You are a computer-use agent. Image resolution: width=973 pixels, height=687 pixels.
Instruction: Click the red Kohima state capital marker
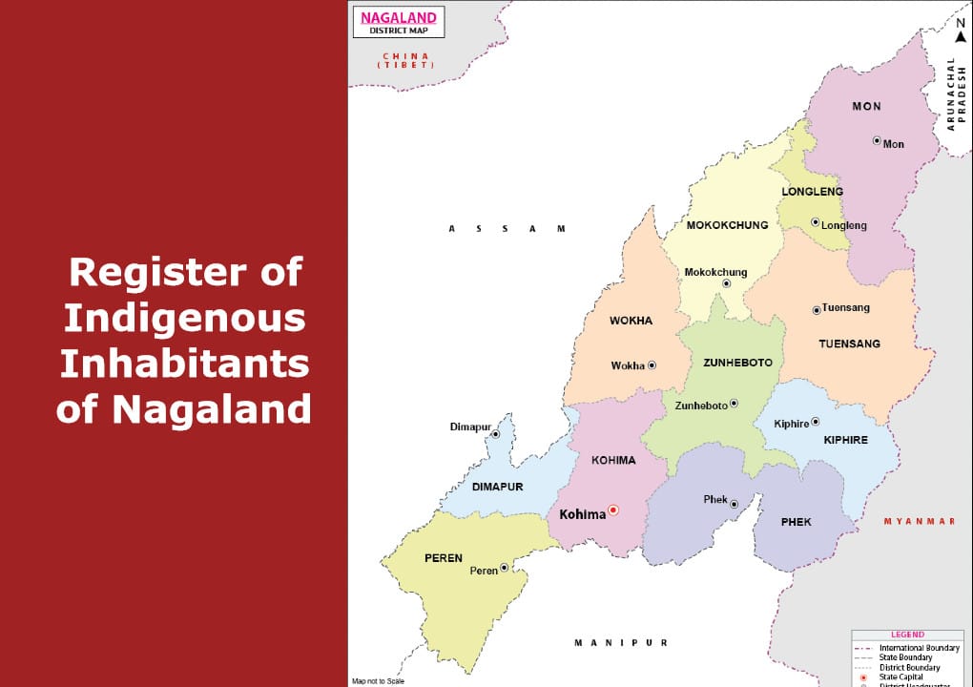pyautogui.click(x=613, y=510)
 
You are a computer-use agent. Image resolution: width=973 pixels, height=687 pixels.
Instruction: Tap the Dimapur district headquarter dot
pyautogui.click(x=496, y=434)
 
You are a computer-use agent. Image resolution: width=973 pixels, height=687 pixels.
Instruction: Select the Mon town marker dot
pyautogui.click(x=877, y=140)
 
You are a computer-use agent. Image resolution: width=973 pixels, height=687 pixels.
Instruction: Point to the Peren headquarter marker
pyautogui.click(x=505, y=567)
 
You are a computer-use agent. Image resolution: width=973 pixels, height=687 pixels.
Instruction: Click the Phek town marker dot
pyautogui.click(x=734, y=504)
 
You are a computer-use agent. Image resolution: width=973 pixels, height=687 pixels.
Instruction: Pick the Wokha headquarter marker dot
pyautogui.click(x=652, y=364)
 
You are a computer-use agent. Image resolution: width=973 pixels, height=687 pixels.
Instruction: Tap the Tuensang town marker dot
pyautogui.click(x=817, y=310)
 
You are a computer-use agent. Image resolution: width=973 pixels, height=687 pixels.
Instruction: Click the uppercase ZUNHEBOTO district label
pyautogui.click(x=737, y=363)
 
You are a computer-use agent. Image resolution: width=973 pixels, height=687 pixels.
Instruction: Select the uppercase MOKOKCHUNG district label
pyautogui.click(x=727, y=226)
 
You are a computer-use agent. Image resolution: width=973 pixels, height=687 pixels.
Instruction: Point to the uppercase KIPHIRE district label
pyautogui.click(x=845, y=440)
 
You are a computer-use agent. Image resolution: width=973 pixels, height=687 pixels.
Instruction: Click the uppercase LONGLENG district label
pyautogui.click(x=812, y=192)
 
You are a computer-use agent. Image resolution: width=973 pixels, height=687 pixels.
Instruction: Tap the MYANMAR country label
pyautogui.click(x=919, y=521)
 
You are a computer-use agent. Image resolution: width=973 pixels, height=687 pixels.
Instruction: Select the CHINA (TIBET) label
pyautogui.click(x=406, y=60)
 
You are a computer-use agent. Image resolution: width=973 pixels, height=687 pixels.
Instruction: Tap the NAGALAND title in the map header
pyautogui.click(x=399, y=17)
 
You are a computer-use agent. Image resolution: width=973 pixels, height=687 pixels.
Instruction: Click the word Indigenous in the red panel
pyautogui.click(x=185, y=318)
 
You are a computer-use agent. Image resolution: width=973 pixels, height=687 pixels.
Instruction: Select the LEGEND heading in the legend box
pyautogui.click(x=907, y=635)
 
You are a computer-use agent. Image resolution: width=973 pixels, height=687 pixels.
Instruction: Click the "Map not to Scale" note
pyautogui.click(x=378, y=681)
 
